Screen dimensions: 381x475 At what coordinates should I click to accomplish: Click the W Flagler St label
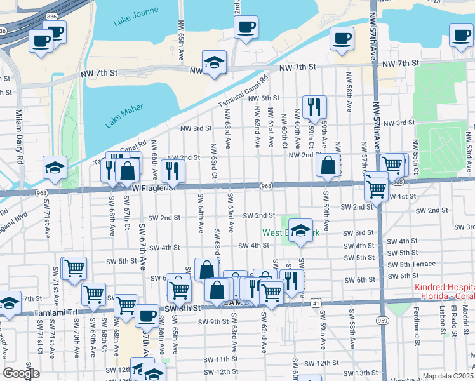[155, 187]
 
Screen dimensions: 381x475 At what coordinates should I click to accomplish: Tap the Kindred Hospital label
[444, 291]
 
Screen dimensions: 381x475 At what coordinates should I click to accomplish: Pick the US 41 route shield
[316, 304]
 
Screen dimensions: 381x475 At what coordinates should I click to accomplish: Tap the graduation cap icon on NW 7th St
[215, 62]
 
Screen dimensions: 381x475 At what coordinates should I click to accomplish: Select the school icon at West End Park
[301, 231]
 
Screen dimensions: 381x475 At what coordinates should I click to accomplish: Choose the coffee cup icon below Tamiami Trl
[147, 315]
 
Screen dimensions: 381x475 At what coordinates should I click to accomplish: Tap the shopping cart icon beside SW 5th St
[74, 268]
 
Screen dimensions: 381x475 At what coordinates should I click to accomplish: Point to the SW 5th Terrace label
[411, 264]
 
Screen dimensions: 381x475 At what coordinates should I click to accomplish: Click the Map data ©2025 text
[448, 376]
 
